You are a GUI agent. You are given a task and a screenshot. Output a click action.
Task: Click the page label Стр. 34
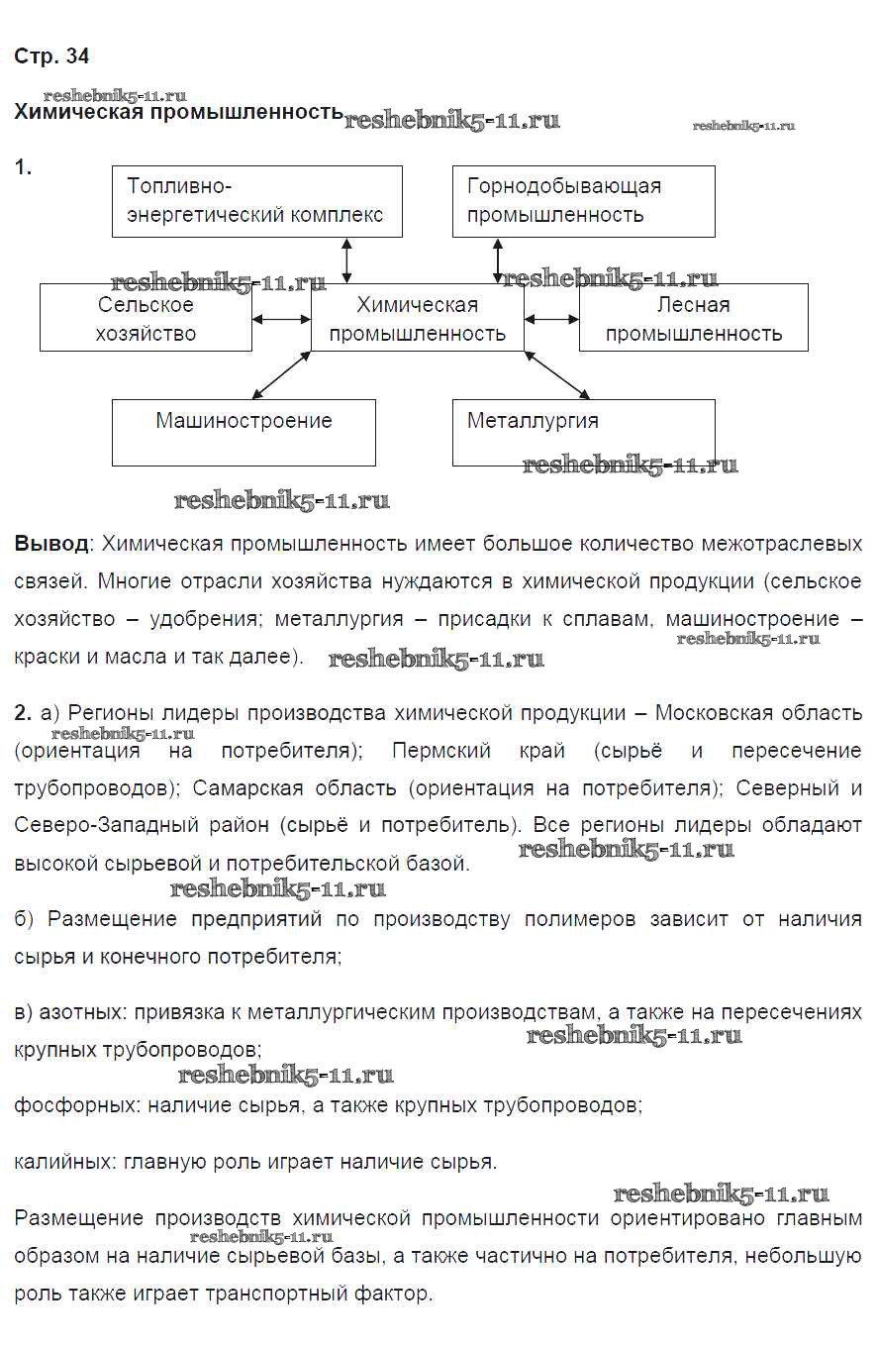[51, 56]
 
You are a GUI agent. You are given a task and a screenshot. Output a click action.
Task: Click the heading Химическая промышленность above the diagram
[178, 112]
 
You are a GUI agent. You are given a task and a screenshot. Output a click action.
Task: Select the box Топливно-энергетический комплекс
[256, 201]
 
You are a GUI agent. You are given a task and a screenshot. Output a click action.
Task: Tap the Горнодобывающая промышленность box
[583, 201]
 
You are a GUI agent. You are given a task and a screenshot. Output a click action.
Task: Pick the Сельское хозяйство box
[146, 318]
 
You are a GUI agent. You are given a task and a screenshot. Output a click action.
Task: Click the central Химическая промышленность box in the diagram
[417, 318]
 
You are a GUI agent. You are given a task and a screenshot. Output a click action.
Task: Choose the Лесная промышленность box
[693, 318]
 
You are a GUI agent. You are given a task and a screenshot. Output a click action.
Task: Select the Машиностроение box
[244, 432]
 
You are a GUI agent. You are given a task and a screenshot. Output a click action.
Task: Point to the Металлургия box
[583, 432]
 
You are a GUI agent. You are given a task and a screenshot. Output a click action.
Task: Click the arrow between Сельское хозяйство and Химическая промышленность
[282, 319]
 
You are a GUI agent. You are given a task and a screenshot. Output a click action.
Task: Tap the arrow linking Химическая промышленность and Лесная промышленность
[552, 319]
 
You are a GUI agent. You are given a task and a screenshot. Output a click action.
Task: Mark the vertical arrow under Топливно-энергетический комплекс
[346, 260]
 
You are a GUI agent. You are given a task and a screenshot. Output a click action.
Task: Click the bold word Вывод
[50, 544]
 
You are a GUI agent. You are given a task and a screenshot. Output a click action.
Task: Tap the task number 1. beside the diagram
[23, 168]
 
